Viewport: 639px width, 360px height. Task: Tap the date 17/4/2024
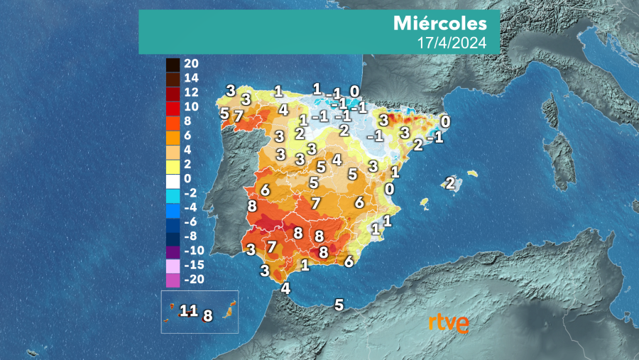pos(452,43)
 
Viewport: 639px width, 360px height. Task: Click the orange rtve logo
pos(448,323)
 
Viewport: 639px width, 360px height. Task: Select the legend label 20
pos(192,63)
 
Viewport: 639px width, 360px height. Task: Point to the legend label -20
pos(195,280)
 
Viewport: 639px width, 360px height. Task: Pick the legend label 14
pos(192,77)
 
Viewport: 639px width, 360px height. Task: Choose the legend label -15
pos(195,265)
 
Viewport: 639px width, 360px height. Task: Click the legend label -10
pos(195,251)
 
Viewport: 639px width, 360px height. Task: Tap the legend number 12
pos(192,92)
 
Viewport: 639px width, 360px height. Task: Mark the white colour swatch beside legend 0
pos(173,179)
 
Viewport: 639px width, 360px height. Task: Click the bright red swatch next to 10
pos(173,107)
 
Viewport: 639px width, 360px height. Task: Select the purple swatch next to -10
pos(173,251)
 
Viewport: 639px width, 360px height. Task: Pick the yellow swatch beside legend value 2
pos(173,164)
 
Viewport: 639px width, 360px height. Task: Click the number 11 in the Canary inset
pos(188,310)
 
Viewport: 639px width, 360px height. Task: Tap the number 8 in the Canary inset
pos(208,316)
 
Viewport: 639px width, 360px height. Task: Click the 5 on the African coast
pos(339,305)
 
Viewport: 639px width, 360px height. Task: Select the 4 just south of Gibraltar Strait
pos(285,288)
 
